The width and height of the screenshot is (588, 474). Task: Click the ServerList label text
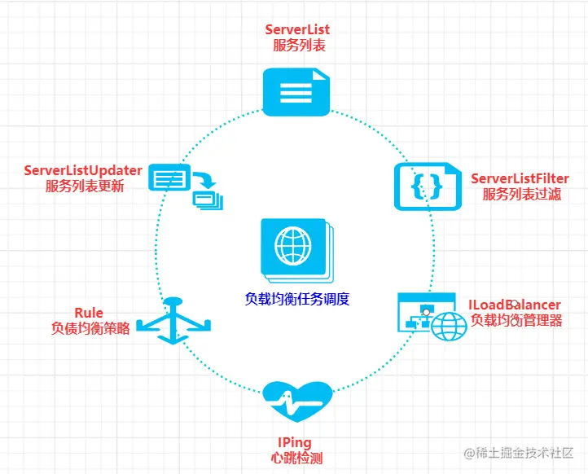(x=297, y=30)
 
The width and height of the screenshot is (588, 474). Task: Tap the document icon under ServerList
(x=296, y=90)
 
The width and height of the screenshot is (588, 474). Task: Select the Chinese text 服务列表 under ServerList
(x=298, y=46)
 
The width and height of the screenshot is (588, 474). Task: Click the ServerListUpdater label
(x=83, y=170)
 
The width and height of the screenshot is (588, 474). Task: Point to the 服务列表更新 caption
(x=85, y=186)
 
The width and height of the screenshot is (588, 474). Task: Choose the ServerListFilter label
(x=520, y=178)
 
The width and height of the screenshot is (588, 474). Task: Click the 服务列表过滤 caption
(x=521, y=195)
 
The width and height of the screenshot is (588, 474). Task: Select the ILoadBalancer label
(x=514, y=305)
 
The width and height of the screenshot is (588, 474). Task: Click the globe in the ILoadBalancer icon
(x=449, y=325)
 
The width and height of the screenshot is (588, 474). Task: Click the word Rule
(x=89, y=313)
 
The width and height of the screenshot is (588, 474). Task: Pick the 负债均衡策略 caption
(x=90, y=328)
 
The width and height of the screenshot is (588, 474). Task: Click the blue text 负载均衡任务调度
(x=296, y=298)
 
